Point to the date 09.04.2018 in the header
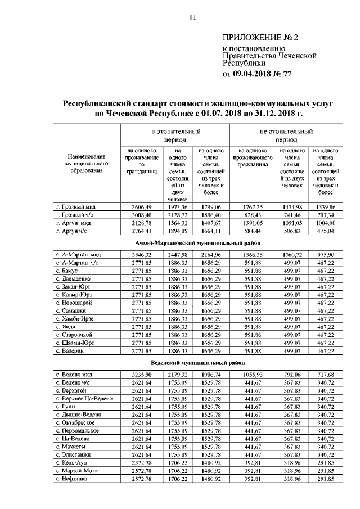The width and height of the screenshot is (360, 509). point(253,73)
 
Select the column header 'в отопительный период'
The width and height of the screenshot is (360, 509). point(175,135)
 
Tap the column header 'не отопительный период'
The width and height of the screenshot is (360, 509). point(286,135)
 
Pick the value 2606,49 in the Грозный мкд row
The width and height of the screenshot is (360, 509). point(141,207)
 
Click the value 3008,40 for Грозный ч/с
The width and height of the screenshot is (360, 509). point(141,215)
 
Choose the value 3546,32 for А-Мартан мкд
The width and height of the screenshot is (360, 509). point(141,254)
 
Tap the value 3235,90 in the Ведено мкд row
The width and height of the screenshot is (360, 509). point(141,375)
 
